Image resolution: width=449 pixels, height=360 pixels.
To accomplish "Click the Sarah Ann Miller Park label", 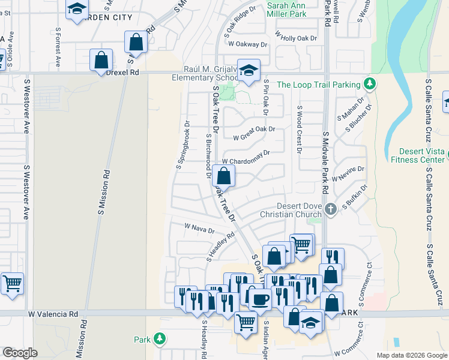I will pyautogui.click(x=286, y=9).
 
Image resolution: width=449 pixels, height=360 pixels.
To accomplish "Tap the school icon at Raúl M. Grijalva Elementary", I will pyautogui.click(x=249, y=71).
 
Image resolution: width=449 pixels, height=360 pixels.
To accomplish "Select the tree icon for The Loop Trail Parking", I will pyautogui.click(x=370, y=84).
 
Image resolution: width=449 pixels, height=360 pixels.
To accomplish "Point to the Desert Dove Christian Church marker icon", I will pyautogui.click(x=330, y=209).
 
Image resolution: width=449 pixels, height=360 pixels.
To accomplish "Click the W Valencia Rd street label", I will pyautogui.click(x=53, y=314).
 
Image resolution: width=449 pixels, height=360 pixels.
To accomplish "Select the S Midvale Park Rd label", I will pyautogui.click(x=325, y=163).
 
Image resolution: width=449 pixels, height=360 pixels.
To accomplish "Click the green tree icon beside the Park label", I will pyautogui.click(x=160, y=339).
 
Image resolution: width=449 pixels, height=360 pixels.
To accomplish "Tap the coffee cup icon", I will pyautogui.click(x=260, y=298).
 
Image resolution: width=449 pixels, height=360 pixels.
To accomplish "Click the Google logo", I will pyautogui.click(x=20, y=353).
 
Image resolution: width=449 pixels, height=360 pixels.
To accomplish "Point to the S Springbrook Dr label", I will pyautogui.click(x=183, y=145).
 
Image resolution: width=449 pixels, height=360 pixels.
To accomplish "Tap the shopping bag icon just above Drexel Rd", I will pyautogui.click(x=101, y=60).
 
